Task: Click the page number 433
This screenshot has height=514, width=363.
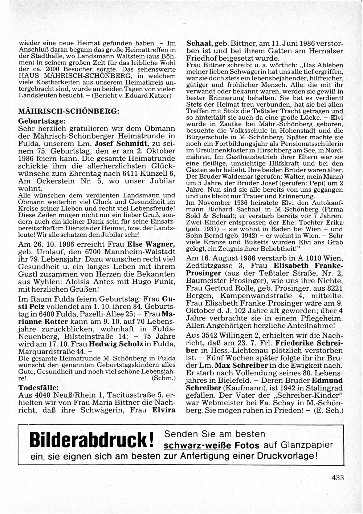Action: [337, 478]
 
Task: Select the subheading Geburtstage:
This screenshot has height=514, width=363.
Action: [42, 121]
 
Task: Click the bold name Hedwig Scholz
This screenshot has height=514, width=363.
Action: [116, 344]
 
